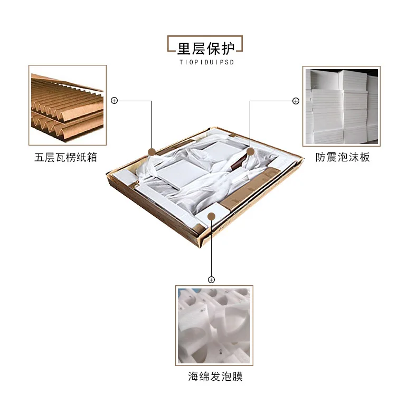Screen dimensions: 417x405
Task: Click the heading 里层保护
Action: click(x=205, y=48)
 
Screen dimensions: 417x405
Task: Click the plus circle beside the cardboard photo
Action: click(x=114, y=100)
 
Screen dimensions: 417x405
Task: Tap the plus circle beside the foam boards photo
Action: click(x=296, y=100)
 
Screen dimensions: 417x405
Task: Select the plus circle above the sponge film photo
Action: click(x=211, y=279)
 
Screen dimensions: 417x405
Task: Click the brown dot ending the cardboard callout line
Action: click(x=151, y=152)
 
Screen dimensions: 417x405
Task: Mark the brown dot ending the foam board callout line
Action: click(x=250, y=151)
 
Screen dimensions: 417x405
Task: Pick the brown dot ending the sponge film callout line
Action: click(x=211, y=215)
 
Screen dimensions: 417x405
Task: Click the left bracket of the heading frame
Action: click(x=170, y=44)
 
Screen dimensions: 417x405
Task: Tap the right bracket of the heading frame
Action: click(x=240, y=44)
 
